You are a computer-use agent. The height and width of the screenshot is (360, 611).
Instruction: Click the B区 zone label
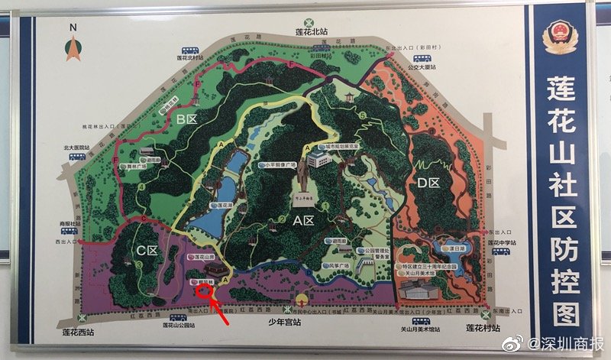click(186, 119)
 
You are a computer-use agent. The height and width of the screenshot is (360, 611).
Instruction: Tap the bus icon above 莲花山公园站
click(182, 313)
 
